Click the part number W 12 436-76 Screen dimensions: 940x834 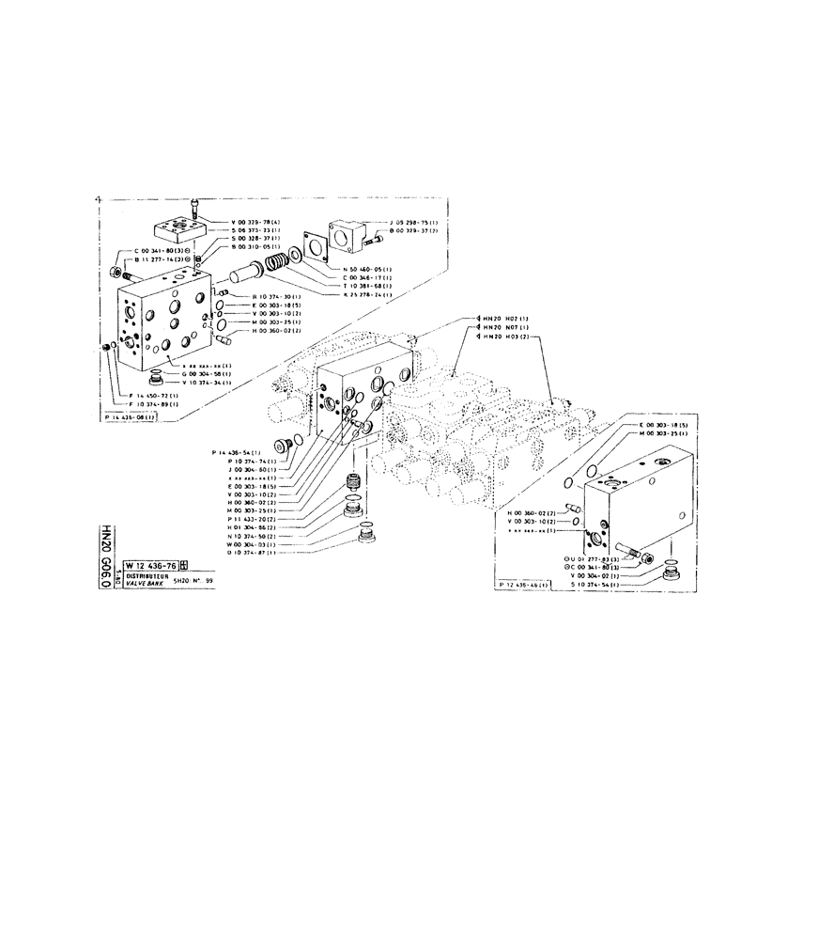[147, 566]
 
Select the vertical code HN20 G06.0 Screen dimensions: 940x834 [105, 555]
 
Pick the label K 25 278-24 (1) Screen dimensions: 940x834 [367, 295]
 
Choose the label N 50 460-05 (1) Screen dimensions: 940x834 [367, 268]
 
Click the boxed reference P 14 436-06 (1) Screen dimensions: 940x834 [131, 416]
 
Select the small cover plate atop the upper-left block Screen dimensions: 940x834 [176, 227]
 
